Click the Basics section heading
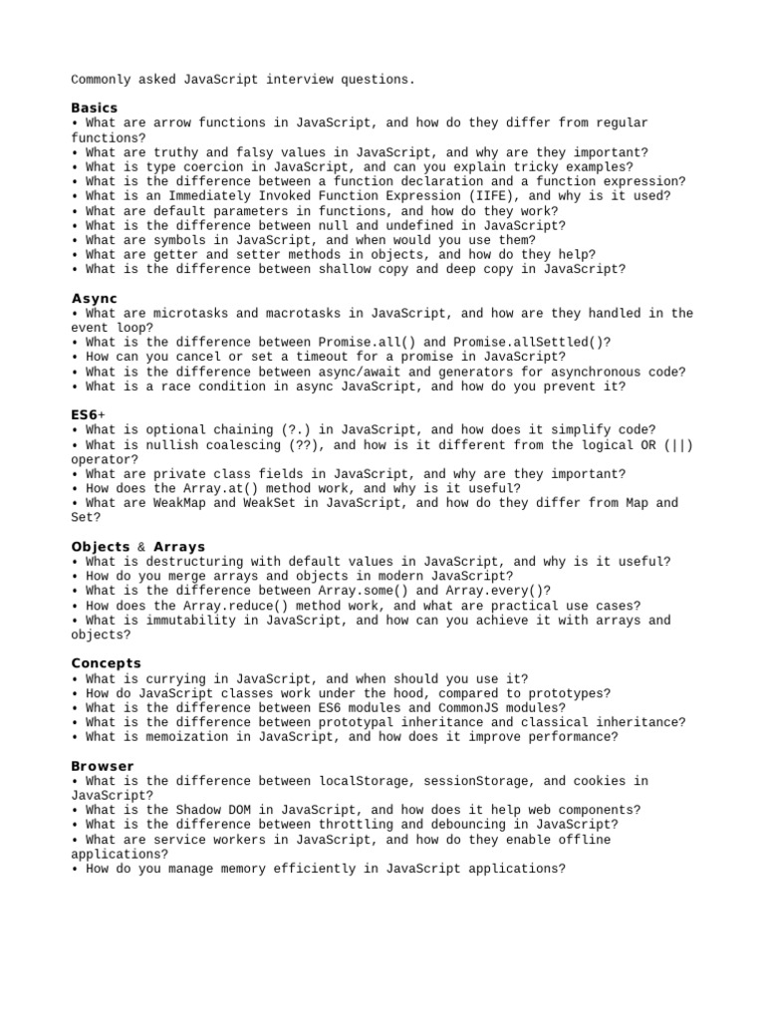click(x=95, y=108)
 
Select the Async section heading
click(x=95, y=299)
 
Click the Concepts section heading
click(x=107, y=663)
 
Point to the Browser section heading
click(x=103, y=766)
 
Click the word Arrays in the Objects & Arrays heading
click(x=179, y=547)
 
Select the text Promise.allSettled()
click(x=532, y=343)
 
